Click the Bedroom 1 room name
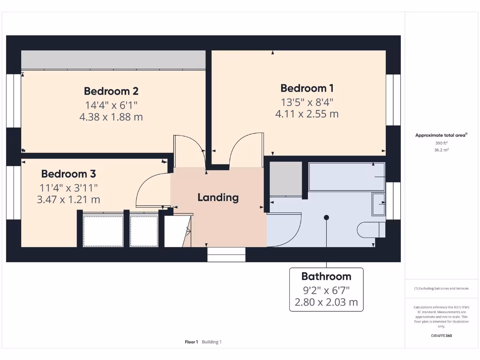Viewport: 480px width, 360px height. point(307,88)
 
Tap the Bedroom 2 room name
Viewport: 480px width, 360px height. point(111,91)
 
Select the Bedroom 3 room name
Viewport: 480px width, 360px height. point(68,174)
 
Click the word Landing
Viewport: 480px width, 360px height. point(218,197)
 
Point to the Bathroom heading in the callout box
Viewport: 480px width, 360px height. point(326,276)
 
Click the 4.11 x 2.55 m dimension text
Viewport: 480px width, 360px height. point(307,114)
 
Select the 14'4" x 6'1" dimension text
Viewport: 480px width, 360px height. point(111,105)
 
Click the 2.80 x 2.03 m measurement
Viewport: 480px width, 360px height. point(326,302)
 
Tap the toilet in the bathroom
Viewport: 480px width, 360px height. point(371,230)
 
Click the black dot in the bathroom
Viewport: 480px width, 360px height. point(326,217)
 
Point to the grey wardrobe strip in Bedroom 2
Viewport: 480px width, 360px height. point(113,60)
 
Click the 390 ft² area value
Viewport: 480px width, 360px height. point(441,143)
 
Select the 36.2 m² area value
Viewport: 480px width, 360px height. point(441,150)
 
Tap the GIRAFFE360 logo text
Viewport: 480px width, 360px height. point(441,336)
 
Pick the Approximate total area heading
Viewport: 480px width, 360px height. point(440,135)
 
